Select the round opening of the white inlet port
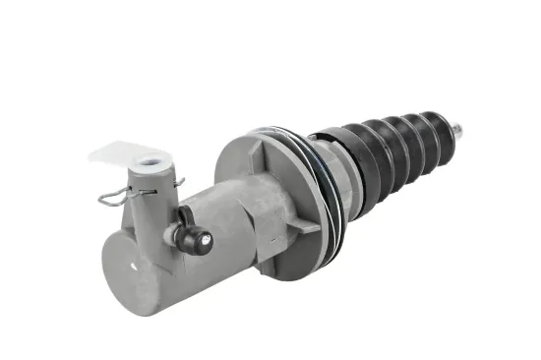[x=151, y=163]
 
